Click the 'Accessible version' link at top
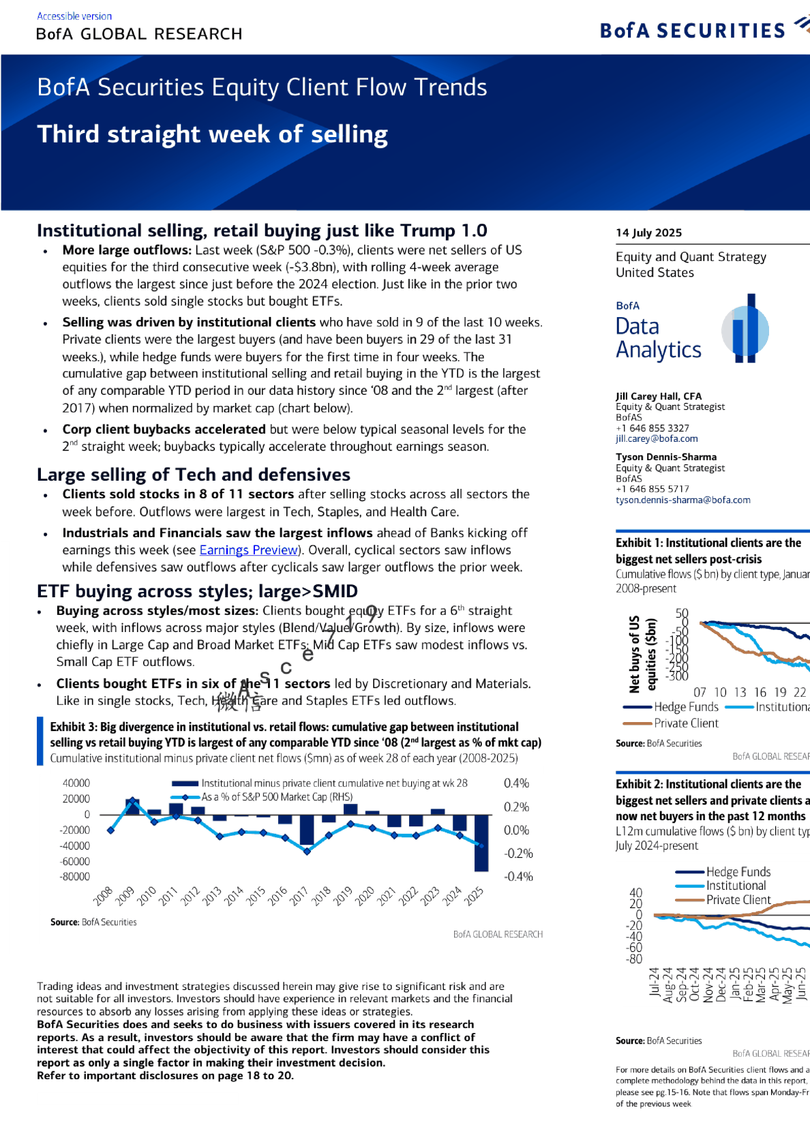coord(74,16)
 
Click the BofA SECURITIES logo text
coord(692,31)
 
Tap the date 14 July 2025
coord(648,232)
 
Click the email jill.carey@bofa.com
coord(657,438)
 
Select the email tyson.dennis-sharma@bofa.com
coord(682,500)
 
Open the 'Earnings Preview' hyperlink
coord(249,550)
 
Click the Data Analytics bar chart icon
coord(745,329)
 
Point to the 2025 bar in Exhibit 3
coord(481,843)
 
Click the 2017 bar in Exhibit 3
coord(307,830)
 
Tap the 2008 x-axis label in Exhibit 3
coord(103,895)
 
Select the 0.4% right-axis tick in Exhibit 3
coord(516,783)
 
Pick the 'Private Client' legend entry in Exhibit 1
coord(686,723)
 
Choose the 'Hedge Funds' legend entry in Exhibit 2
coord(738,871)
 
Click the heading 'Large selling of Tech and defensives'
coord(194,475)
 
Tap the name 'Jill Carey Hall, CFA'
coord(658,396)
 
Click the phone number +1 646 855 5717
coord(652,489)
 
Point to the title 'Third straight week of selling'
coord(212,134)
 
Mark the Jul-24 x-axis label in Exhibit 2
coord(655,982)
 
